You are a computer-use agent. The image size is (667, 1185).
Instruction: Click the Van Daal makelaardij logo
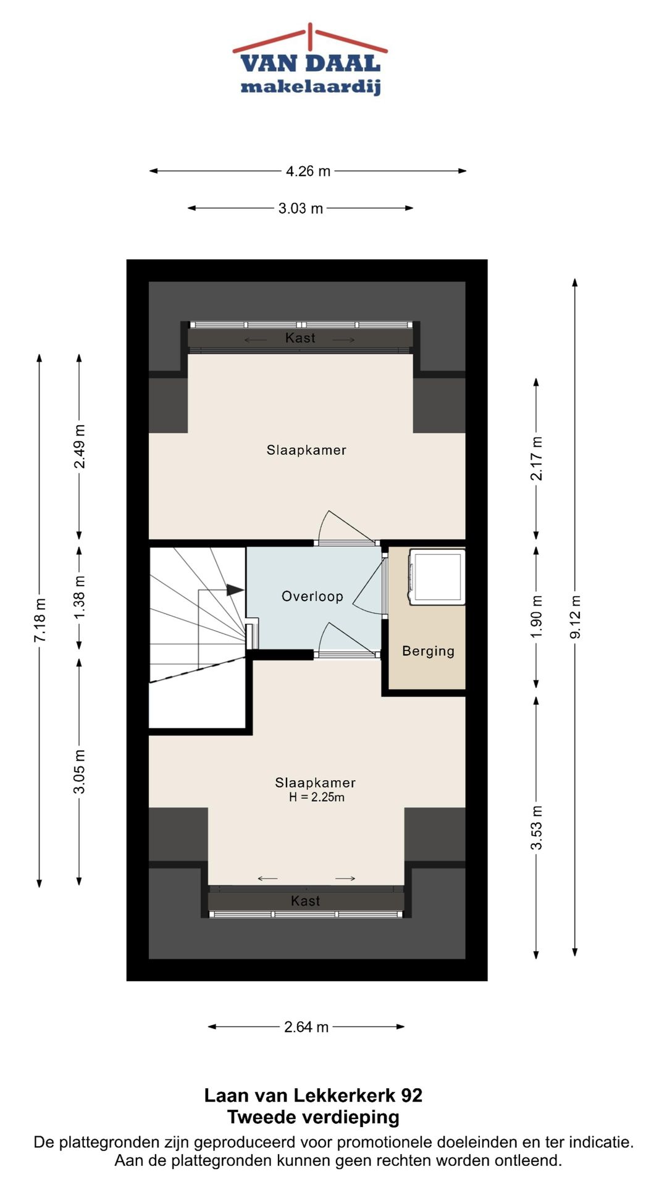click(x=310, y=60)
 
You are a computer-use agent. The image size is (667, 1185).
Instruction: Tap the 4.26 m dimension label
click(x=308, y=171)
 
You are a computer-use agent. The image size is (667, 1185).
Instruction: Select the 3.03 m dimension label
click(x=301, y=208)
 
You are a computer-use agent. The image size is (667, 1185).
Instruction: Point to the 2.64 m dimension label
click(x=306, y=1026)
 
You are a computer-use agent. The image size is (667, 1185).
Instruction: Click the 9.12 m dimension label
click(x=575, y=617)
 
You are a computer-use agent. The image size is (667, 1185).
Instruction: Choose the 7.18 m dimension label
click(x=40, y=620)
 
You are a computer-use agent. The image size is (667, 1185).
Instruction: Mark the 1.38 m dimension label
click(x=80, y=598)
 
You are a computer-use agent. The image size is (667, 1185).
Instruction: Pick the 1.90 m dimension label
click(x=537, y=617)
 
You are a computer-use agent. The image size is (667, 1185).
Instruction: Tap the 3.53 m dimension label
click(x=537, y=828)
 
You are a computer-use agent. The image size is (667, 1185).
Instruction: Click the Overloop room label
click(x=313, y=596)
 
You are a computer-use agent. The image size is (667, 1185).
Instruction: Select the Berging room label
click(x=428, y=651)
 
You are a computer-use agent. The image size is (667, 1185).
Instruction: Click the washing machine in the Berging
click(x=437, y=576)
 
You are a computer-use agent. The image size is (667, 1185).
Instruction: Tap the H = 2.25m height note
click(x=317, y=797)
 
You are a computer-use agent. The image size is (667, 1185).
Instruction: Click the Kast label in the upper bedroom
click(x=300, y=338)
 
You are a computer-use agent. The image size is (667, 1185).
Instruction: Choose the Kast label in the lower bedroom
click(x=305, y=901)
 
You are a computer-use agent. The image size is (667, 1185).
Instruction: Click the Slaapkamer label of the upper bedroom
click(x=306, y=450)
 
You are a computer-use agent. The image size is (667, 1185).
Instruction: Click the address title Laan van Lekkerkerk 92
click(x=313, y=1096)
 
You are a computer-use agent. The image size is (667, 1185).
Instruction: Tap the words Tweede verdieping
click(x=313, y=1117)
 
